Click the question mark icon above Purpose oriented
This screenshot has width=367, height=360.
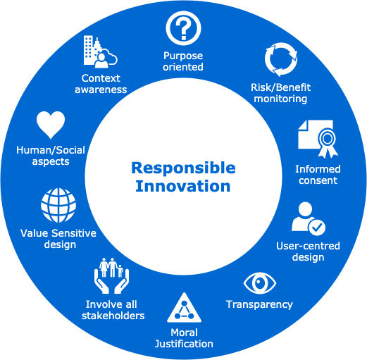pos(183,28)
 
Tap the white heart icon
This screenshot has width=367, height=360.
pos(51,125)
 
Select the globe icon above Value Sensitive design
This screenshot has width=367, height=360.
pos(58,205)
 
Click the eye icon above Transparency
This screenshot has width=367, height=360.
pos(260,283)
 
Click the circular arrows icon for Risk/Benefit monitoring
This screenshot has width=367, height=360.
pos(281,59)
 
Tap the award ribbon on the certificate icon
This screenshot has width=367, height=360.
pos(328,142)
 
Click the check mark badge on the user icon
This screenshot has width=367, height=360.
pos(317,227)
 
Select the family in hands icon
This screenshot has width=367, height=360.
pos(111,275)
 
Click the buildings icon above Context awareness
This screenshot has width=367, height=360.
pos(100,52)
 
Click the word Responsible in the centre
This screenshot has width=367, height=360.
pos(183,168)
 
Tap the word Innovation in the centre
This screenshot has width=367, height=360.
pos(183,186)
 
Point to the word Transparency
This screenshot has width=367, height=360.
pos(259,305)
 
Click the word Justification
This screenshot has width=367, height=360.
pos(184,344)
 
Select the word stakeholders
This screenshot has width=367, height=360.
pos(113,316)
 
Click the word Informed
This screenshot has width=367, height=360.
pos(318,169)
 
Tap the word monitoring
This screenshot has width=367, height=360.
pos(280,99)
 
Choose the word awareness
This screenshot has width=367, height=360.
pos(101,89)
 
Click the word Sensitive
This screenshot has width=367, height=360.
pos(74,233)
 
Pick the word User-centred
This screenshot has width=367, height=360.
pos(308,246)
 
